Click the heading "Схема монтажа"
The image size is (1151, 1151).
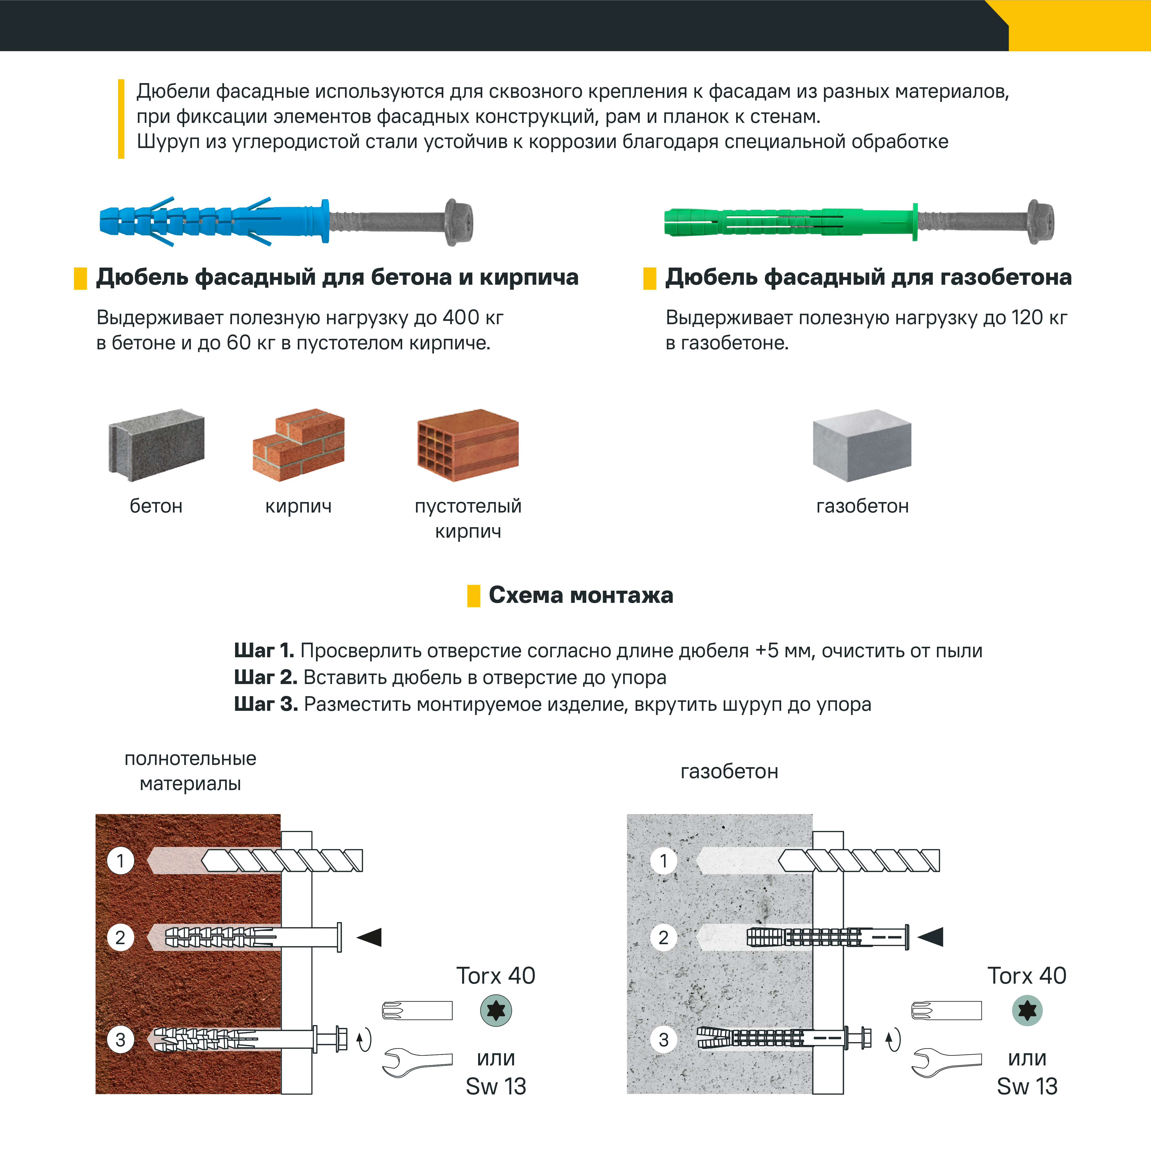pyautogui.click(x=581, y=595)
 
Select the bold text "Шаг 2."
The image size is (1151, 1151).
pyautogui.click(x=266, y=677)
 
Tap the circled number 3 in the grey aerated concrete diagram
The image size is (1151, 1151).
pyautogui.click(x=664, y=1040)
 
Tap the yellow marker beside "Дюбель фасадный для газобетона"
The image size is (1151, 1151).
pyautogui.click(x=649, y=278)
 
